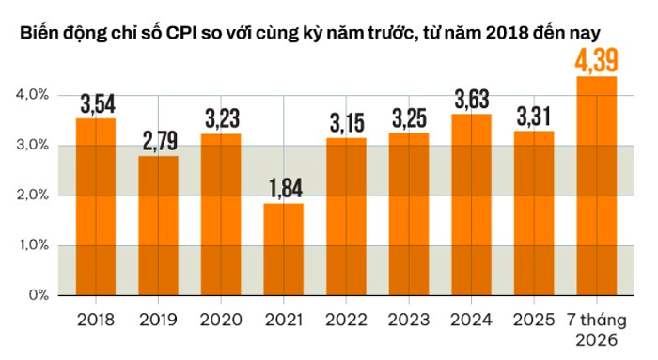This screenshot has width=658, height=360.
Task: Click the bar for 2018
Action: tap(96, 207)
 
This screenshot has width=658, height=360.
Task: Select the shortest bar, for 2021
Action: tap(284, 250)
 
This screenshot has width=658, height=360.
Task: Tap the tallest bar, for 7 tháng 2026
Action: tap(597, 186)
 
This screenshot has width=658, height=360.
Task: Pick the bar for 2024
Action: tap(471, 205)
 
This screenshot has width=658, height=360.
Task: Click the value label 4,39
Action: tap(596, 60)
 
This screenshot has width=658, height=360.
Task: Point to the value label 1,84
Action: tap(286, 188)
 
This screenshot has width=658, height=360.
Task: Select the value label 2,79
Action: tap(160, 141)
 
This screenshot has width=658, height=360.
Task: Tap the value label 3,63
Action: tap(472, 99)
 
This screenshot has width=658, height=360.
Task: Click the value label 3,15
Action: tap(347, 123)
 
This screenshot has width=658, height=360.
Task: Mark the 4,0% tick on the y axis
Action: tap(32, 95)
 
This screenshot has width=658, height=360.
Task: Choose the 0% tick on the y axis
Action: tap(39, 295)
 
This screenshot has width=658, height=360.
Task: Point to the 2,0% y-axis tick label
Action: tap(32, 196)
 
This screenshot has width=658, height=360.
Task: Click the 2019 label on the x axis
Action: tap(158, 321)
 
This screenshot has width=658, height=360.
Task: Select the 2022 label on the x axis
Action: tap(346, 321)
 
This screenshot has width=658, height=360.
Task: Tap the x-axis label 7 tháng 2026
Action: tap(597, 330)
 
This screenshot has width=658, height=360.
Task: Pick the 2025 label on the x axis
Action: tap(534, 321)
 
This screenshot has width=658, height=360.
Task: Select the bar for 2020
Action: tap(221, 215)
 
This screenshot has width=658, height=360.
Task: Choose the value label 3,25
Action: tap(410, 118)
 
